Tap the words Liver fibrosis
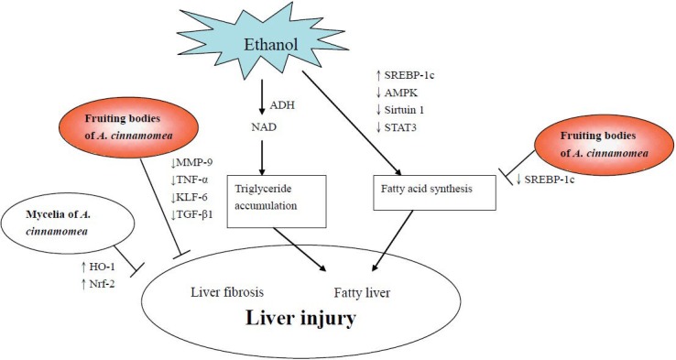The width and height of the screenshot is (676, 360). (x=228, y=292)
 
